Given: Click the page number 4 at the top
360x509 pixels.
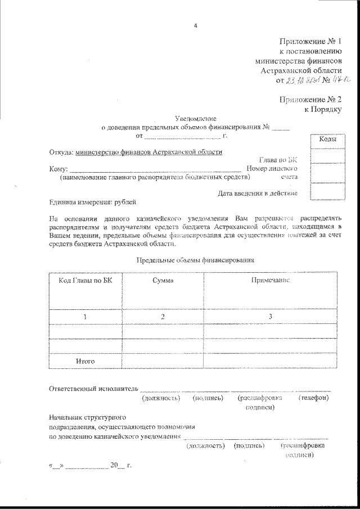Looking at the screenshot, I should coord(195,24).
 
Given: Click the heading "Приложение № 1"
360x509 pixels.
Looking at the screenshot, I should coord(310,42).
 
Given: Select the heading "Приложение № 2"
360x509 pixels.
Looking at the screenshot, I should coord(310,100).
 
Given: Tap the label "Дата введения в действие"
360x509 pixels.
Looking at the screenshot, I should coord(257,193).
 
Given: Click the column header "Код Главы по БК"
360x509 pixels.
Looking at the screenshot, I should coord(85,280).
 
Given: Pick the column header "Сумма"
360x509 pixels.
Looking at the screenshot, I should coord(163,280).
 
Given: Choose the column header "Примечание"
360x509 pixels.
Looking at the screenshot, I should coord(271,280).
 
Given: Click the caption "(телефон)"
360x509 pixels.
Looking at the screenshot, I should coord(313,398).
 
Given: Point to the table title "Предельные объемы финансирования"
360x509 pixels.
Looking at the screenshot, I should coord(196,260).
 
